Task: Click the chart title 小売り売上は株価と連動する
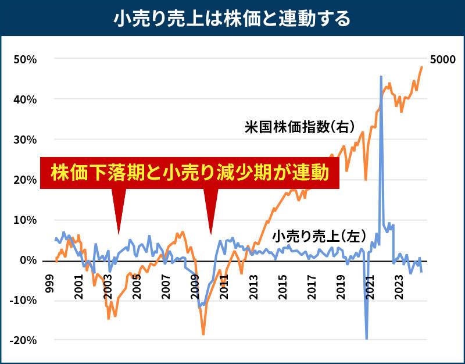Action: (x=233, y=19)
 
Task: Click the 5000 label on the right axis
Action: (x=443, y=59)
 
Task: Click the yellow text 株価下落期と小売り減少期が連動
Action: (x=189, y=173)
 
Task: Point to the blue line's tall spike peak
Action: (x=381, y=76)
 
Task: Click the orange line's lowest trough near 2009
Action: (x=203, y=334)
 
